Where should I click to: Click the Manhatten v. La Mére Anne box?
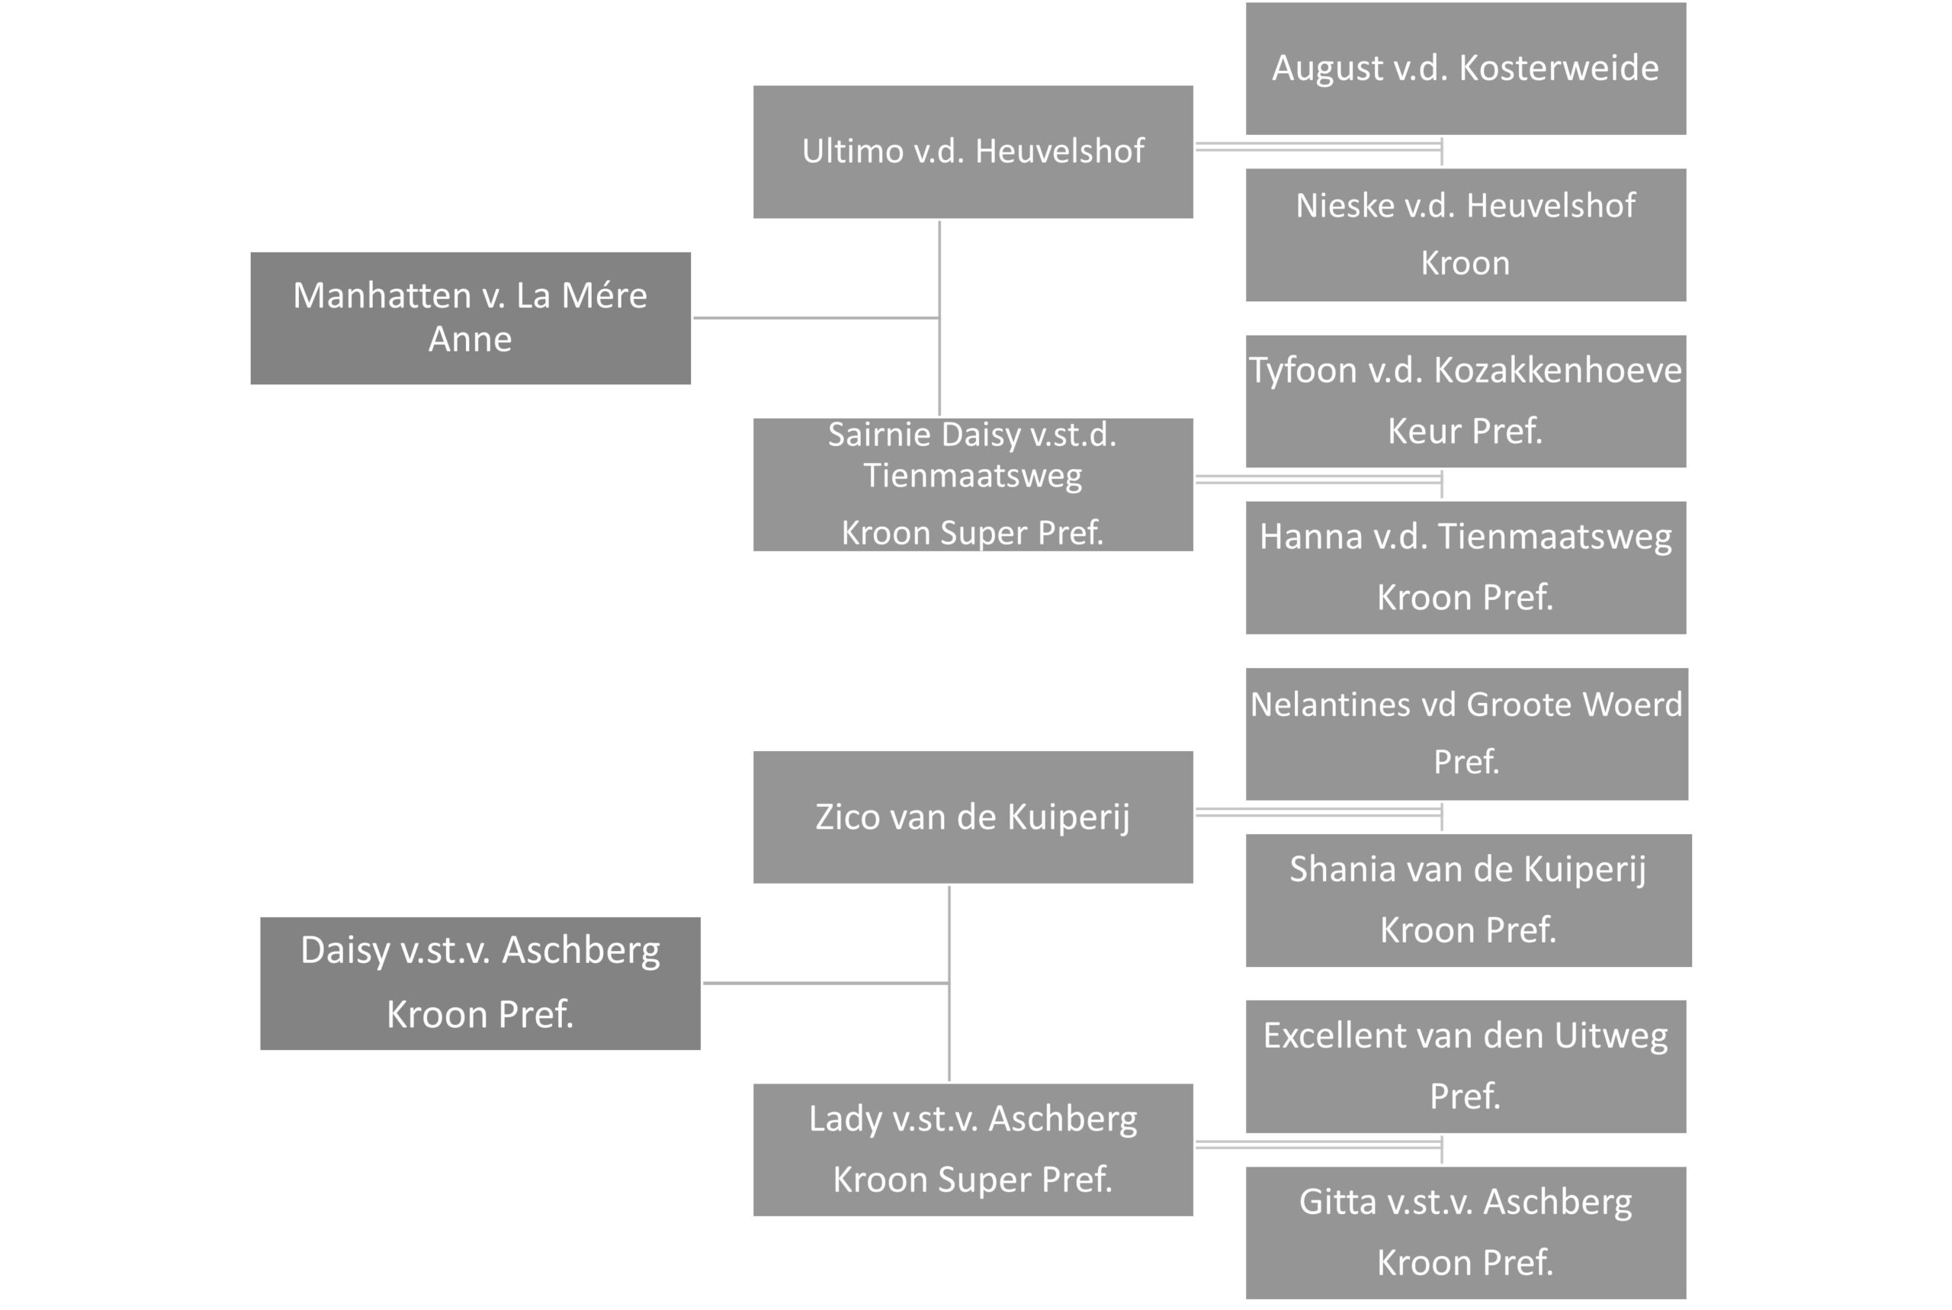(x=470, y=318)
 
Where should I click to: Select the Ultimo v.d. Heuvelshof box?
(x=973, y=152)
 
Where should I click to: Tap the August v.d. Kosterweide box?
(x=1466, y=69)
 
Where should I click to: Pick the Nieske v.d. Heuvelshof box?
(x=1466, y=235)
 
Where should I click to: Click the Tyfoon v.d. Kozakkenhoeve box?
(x=1466, y=401)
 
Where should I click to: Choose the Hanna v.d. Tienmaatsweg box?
(x=1466, y=567)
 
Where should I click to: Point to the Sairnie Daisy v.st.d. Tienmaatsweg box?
(x=973, y=484)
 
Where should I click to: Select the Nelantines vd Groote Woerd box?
(x=1467, y=734)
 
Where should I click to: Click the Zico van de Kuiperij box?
(x=973, y=817)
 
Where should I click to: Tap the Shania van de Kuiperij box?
(x=1469, y=900)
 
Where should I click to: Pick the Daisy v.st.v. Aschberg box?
(x=480, y=984)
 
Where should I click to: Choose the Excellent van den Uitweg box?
(x=1466, y=1066)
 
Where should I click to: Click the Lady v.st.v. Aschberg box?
(x=973, y=1150)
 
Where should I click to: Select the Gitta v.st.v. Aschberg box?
(x=1466, y=1232)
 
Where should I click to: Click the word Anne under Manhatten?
(x=470, y=339)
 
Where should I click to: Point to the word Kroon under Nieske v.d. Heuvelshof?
(x=1466, y=263)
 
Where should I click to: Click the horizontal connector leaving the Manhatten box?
(x=816, y=317)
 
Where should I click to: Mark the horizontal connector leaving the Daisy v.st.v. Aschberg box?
(x=826, y=982)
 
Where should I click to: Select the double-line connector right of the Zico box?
(x=1319, y=812)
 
